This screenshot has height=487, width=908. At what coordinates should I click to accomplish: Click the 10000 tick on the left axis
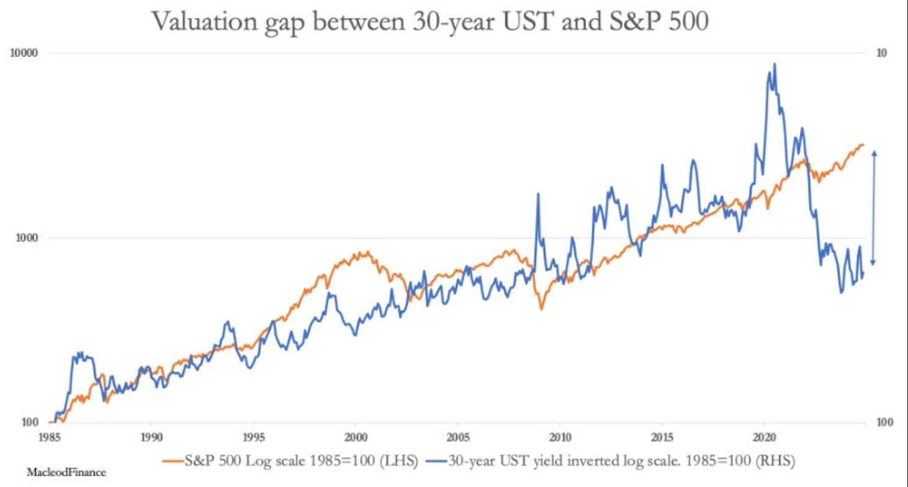pyautogui.click(x=25, y=53)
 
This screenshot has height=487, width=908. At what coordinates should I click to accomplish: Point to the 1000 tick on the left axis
pyautogui.click(x=28, y=238)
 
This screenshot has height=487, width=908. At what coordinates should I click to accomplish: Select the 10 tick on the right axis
pyautogui.click(x=880, y=53)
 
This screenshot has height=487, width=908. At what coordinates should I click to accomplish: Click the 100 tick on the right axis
pyautogui.click(x=883, y=422)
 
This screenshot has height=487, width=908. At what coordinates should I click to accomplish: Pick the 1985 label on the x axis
pyautogui.click(x=50, y=436)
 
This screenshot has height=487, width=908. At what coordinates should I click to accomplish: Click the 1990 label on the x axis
pyautogui.click(x=151, y=436)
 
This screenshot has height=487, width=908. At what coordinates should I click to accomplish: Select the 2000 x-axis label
pyautogui.click(x=355, y=436)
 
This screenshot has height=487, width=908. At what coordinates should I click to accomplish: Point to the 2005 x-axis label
pyautogui.click(x=457, y=436)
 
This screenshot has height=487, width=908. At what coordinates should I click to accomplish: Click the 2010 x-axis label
pyautogui.click(x=560, y=436)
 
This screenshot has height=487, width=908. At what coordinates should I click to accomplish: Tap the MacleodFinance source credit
pyautogui.click(x=66, y=473)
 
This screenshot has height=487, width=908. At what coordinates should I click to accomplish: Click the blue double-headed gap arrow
pyautogui.click(x=874, y=207)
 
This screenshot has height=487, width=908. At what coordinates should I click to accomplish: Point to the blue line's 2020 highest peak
pyautogui.click(x=774, y=64)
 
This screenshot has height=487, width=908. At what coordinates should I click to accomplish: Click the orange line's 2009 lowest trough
pyautogui.click(x=541, y=308)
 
